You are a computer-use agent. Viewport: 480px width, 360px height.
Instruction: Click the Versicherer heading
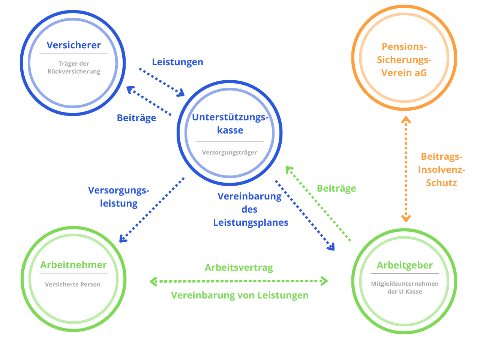(73, 45)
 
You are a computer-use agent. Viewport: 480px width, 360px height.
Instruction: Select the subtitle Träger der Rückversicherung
(73, 67)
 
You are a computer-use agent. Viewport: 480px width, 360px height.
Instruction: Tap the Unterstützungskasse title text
(230, 124)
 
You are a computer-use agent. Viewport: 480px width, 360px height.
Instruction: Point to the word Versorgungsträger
(229, 152)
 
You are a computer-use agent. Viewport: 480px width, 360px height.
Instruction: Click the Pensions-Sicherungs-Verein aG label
(404, 60)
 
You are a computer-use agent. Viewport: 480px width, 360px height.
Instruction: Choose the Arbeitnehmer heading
(73, 265)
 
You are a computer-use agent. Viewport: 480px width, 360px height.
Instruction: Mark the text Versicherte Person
(73, 284)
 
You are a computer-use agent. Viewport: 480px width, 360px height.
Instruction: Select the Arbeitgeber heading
(404, 265)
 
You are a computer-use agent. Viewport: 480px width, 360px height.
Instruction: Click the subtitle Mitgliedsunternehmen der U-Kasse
(405, 288)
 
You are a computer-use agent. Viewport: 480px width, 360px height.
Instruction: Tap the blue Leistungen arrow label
(177, 62)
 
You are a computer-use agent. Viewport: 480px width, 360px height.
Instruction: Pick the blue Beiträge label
(136, 118)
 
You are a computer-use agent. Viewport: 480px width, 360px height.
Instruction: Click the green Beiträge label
(336, 188)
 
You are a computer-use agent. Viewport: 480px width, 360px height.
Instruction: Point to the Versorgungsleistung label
(118, 197)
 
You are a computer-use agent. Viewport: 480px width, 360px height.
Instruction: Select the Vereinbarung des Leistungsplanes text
(250, 209)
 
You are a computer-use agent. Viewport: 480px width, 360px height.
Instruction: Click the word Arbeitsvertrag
(239, 268)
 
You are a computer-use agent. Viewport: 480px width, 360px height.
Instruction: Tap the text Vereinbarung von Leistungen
(240, 295)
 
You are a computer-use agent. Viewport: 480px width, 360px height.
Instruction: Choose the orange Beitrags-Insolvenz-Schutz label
(441, 169)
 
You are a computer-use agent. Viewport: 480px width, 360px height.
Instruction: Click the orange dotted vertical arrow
(406, 169)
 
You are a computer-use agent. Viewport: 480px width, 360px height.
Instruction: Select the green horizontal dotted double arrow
(239, 281)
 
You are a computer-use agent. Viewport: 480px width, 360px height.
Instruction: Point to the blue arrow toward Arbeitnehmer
(152, 210)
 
